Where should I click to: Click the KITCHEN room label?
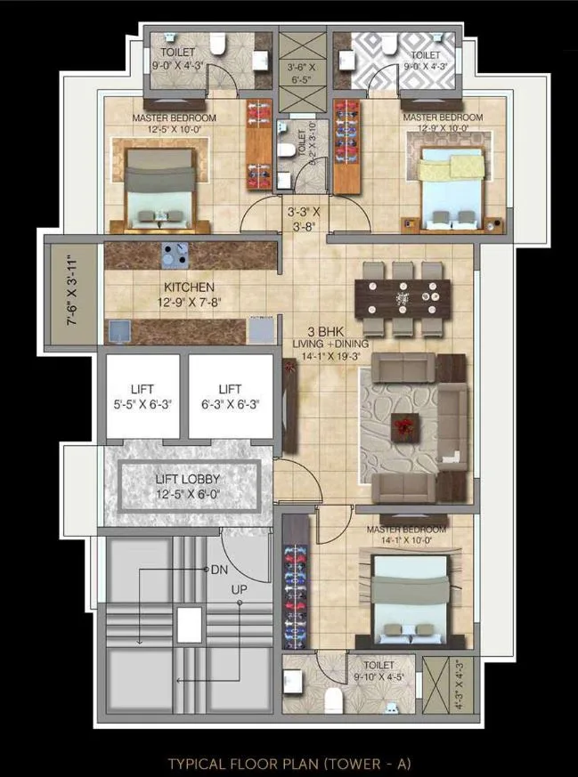[x=188, y=287]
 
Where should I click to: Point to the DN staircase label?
[x=219, y=570]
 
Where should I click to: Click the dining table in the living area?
[x=403, y=297]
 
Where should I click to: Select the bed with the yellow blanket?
[x=452, y=183]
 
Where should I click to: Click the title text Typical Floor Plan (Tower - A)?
[x=289, y=763]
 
